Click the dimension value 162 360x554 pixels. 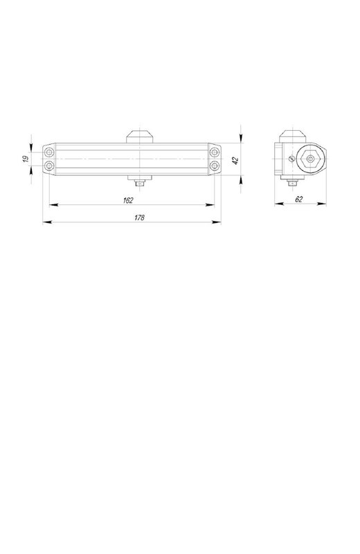(x=128, y=200)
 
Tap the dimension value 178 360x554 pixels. (x=140, y=217)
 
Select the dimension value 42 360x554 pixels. (x=236, y=160)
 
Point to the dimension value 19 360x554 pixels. (x=26, y=159)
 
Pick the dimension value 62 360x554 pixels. (x=299, y=199)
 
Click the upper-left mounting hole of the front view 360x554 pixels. (x=49, y=152)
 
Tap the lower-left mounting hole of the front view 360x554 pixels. (x=49, y=166)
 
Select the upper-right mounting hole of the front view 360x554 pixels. (x=215, y=152)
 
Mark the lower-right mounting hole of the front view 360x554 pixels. (x=215, y=166)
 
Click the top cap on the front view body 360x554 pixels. (x=140, y=136)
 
